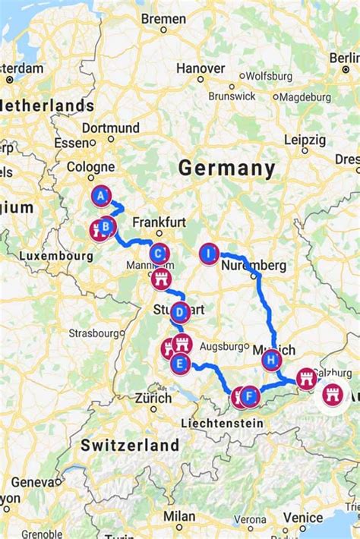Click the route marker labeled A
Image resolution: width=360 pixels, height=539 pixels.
(x=100, y=197)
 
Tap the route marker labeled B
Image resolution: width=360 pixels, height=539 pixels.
(x=107, y=225)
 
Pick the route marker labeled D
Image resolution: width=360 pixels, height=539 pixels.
(x=179, y=312)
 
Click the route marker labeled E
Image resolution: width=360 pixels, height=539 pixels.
(x=180, y=364)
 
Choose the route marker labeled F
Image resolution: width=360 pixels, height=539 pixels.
(x=251, y=396)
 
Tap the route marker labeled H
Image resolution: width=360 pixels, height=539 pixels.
(x=272, y=360)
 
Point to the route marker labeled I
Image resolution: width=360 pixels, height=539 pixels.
(x=210, y=254)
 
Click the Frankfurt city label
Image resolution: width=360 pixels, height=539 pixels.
(x=159, y=222)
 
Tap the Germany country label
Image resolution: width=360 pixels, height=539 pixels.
(x=226, y=168)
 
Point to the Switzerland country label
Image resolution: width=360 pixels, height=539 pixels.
(x=130, y=445)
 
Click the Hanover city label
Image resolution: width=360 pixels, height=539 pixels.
(x=201, y=68)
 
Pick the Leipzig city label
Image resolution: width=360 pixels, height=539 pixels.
(x=305, y=140)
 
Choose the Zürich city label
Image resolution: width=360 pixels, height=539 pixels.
(x=153, y=397)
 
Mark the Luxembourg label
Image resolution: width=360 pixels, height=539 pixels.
(x=55, y=256)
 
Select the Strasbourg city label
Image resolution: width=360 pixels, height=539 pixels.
(x=93, y=333)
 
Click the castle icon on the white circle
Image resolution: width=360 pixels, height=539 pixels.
(x=333, y=395)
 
